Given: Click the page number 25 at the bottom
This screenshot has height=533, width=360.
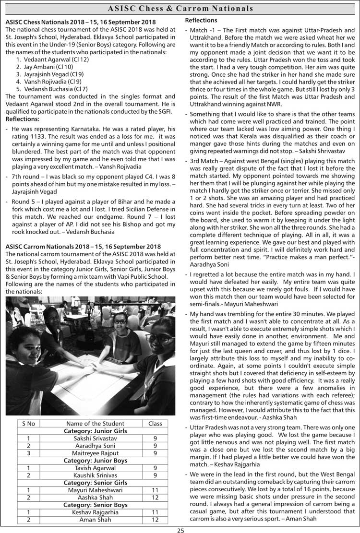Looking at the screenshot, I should click(180, 530).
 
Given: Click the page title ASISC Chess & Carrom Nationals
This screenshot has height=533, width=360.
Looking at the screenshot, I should click(180, 9).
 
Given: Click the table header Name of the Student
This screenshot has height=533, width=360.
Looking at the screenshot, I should click(95, 423).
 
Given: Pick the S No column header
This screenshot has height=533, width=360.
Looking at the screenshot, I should click(29, 423).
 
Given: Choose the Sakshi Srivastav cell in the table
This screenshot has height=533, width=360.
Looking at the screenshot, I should click(95, 438).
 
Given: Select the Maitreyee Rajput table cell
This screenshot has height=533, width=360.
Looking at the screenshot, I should click(95, 453).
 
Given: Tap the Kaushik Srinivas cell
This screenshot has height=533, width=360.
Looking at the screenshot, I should click(95, 475).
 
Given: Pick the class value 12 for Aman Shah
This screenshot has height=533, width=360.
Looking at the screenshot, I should click(155, 520).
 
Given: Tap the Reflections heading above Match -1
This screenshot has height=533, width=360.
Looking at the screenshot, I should click(201, 20).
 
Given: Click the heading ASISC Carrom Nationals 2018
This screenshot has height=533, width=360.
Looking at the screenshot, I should click(83, 247).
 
